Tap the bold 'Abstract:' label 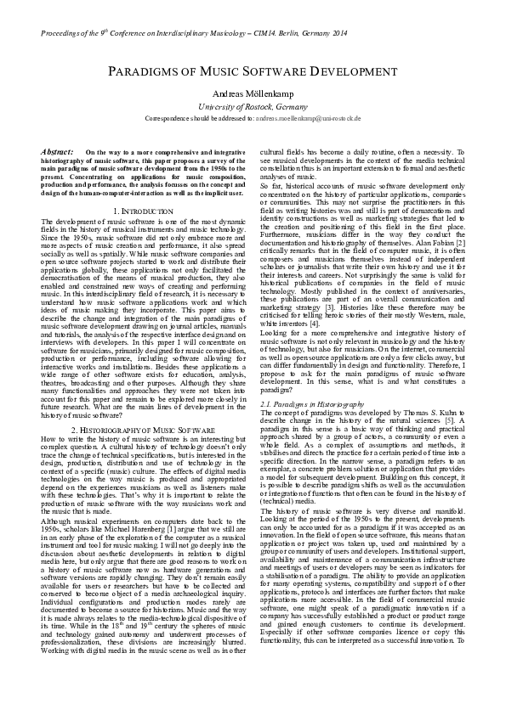point(57,151)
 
